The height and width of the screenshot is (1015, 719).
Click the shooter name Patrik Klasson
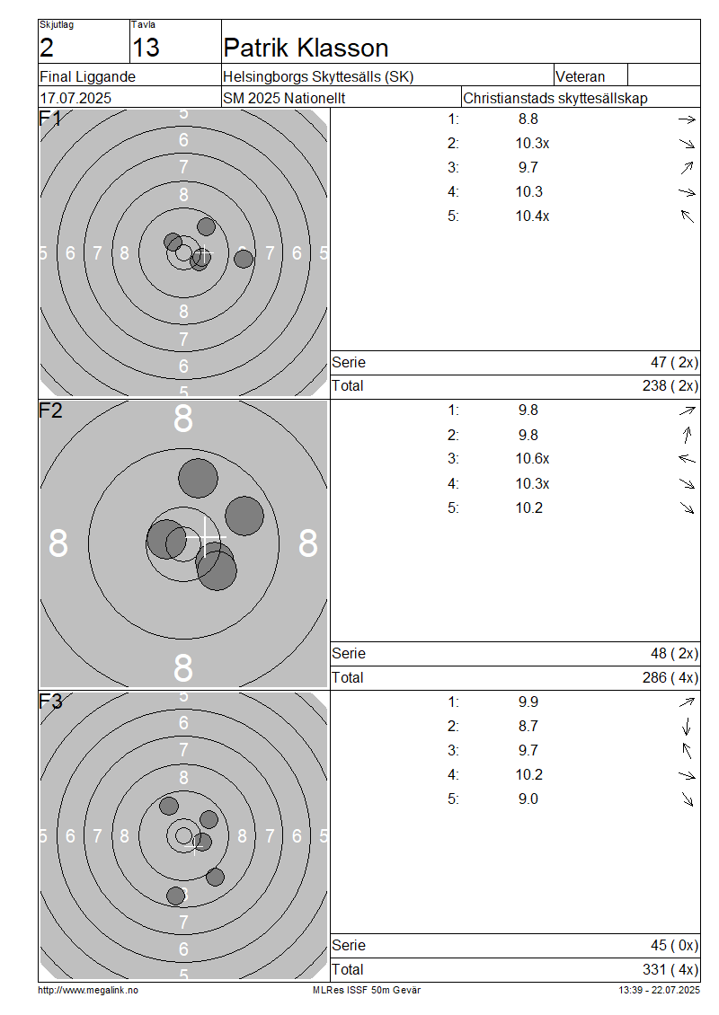click(x=306, y=48)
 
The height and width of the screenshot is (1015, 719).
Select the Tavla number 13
click(x=146, y=48)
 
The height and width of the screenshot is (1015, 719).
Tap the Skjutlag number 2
click(x=47, y=48)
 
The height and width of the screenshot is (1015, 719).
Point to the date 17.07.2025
click(x=75, y=99)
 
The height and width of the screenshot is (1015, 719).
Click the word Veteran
click(x=581, y=76)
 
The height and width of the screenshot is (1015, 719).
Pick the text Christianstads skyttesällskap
click(x=555, y=99)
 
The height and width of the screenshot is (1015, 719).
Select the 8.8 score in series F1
click(x=528, y=119)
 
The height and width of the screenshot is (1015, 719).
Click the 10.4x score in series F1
click(x=532, y=216)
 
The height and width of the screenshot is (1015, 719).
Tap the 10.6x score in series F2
click(x=532, y=459)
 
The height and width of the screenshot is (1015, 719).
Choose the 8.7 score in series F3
click(x=528, y=727)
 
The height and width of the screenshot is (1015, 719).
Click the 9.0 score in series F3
click(x=528, y=799)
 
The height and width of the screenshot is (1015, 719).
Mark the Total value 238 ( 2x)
click(x=670, y=386)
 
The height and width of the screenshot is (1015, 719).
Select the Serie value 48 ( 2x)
click(x=674, y=654)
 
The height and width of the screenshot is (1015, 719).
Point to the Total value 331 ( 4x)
click(x=670, y=970)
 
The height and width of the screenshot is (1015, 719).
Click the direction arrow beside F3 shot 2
click(x=687, y=727)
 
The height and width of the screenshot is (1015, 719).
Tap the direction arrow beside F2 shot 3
click(x=687, y=459)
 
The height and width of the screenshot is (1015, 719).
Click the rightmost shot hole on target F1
click(x=244, y=259)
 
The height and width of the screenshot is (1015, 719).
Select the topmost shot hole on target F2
click(x=199, y=479)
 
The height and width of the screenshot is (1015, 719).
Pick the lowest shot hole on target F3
click(x=175, y=896)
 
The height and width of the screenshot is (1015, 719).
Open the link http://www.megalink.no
click(x=88, y=991)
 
